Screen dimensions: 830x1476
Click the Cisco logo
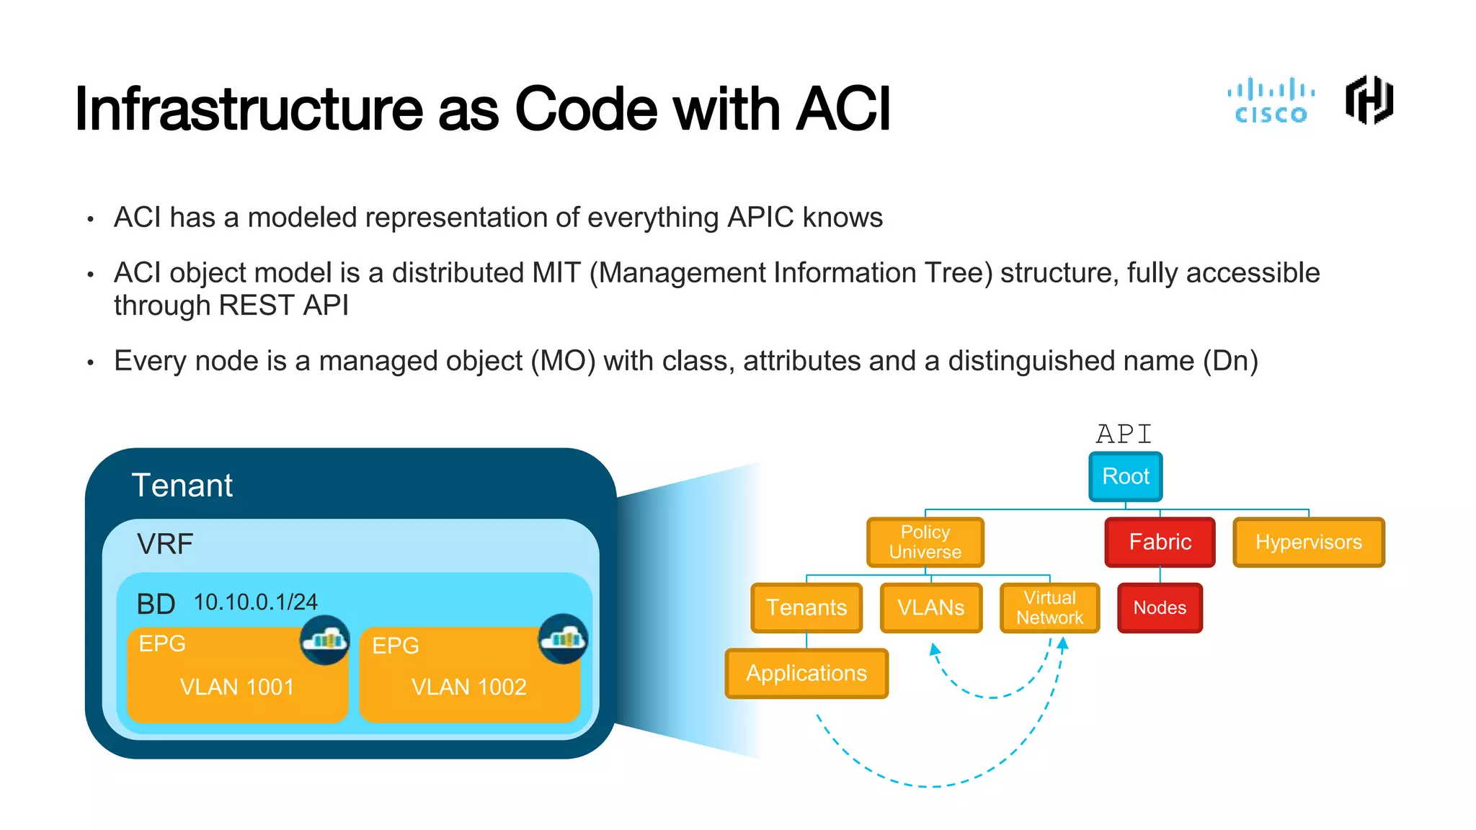click(1271, 101)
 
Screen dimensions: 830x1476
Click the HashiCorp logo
click(1369, 100)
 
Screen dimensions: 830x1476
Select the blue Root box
click(1125, 476)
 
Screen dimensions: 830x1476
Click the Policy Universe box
click(925, 542)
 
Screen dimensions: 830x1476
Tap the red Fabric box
click(1160, 542)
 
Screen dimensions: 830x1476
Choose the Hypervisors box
click(1308, 542)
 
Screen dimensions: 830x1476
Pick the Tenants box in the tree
click(806, 607)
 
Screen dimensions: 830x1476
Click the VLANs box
click(930, 607)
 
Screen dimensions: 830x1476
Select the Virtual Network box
click(1049, 607)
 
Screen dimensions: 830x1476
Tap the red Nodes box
click(1160, 607)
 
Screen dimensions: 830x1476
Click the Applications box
click(806, 673)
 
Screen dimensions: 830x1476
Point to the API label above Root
click(1124, 434)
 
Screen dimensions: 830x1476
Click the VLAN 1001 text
click(237, 687)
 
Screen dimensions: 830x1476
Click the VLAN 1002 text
click(469, 687)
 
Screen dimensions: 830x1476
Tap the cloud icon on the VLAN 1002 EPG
click(563, 638)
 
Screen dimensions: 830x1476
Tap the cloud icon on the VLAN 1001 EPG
click(325, 639)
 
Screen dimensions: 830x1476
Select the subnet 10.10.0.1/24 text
click(255, 602)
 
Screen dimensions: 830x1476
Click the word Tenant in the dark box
click(182, 486)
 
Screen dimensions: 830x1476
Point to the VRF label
click(165, 544)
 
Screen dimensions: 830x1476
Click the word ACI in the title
click(843, 110)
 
